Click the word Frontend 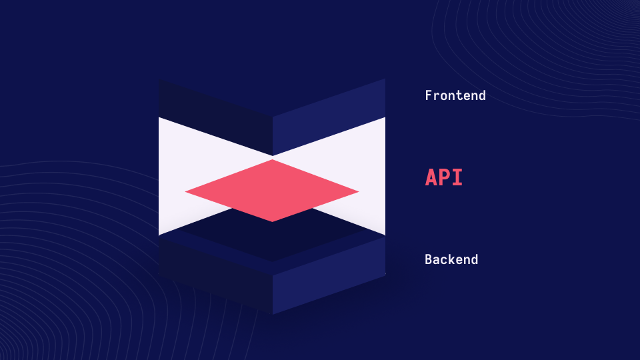[x=455, y=95]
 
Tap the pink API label [x=444, y=177]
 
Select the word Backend [x=451, y=259]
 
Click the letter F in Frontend [x=429, y=95]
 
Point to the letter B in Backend [x=429, y=259]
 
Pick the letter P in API [x=444, y=177]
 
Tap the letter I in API [x=457, y=177]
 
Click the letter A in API [x=431, y=177]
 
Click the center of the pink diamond [x=272, y=191]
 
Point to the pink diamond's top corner [x=272, y=159]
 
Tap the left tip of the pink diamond [x=185, y=191]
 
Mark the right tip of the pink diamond [x=359, y=191]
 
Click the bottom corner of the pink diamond [x=272, y=221]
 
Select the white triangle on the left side [x=192, y=167]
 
